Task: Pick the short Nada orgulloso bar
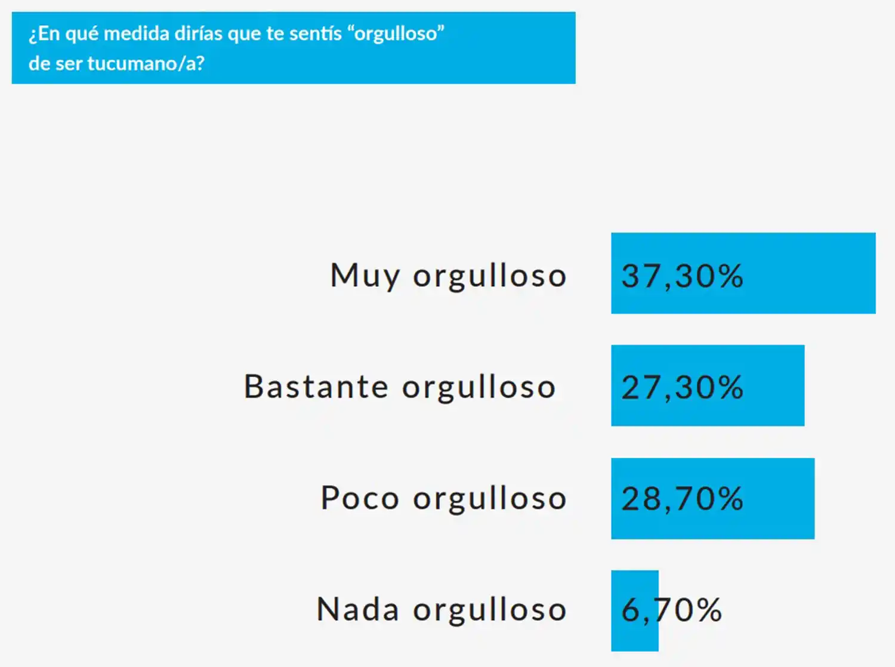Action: coord(634,610)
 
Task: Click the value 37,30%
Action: coord(682,276)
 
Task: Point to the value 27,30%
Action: coord(682,387)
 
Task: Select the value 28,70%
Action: coord(682,499)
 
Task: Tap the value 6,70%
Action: coord(671,610)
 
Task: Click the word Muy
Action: coord(365,276)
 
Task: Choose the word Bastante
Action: coord(316,387)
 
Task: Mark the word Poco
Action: coord(359,498)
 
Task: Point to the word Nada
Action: coord(357,610)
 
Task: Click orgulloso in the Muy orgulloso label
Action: coord(489,276)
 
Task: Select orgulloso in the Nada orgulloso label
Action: coord(489,610)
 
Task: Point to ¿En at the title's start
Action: coord(44,33)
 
